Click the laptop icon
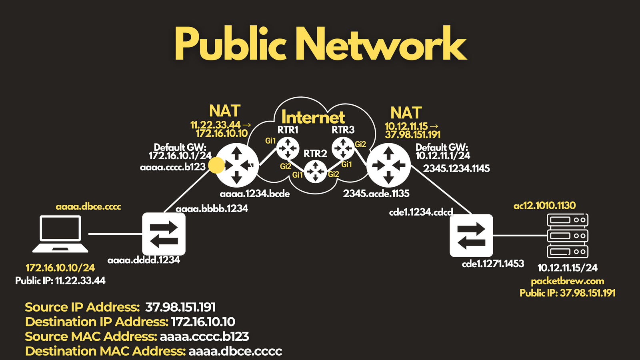pyautogui.click(x=60, y=234)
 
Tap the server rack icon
pyautogui.click(x=568, y=236)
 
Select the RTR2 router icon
pyautogui.click(x=316, y=172)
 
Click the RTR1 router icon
pyautogui.click(x=288, y=148)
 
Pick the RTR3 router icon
pyautogui.click(x=343, y=148)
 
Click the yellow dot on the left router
pyautogui.click(x=216, y=165)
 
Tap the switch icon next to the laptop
pyautogui.click(x=164, y=234)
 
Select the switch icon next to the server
pyautogui.click(x=471, y=236)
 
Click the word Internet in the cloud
pyautogui.click(x=313, y=117)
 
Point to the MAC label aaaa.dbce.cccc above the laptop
pyautogui.click(x=88, y=206)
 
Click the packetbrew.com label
pyautogui.click(x=568, y=281)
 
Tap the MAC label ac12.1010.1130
pyautogui.click(x=544, y=206)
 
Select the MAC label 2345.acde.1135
pyautogui.click(x=376, y=194)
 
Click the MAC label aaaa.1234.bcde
pyautogui.click(x=254, y=194)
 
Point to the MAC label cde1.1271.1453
pyautogui.click(x=493, y=264)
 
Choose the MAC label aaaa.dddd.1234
pyautogui.click(x=144, y=260)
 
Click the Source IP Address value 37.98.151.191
pyautogui.click(x=180, y=307)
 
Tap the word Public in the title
pyautogui.click(x=230, y=44)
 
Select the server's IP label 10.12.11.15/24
pyautogui.click(x=568, y=268)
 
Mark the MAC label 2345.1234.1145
pyautogui.click(x=456, y=168)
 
